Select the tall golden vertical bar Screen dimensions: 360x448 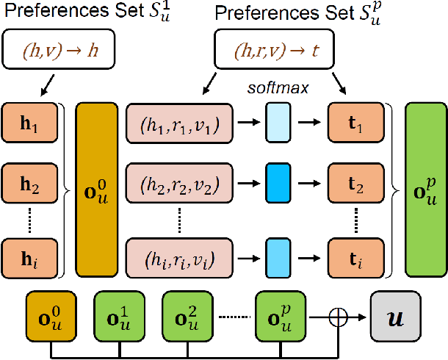[x=98, y=187]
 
